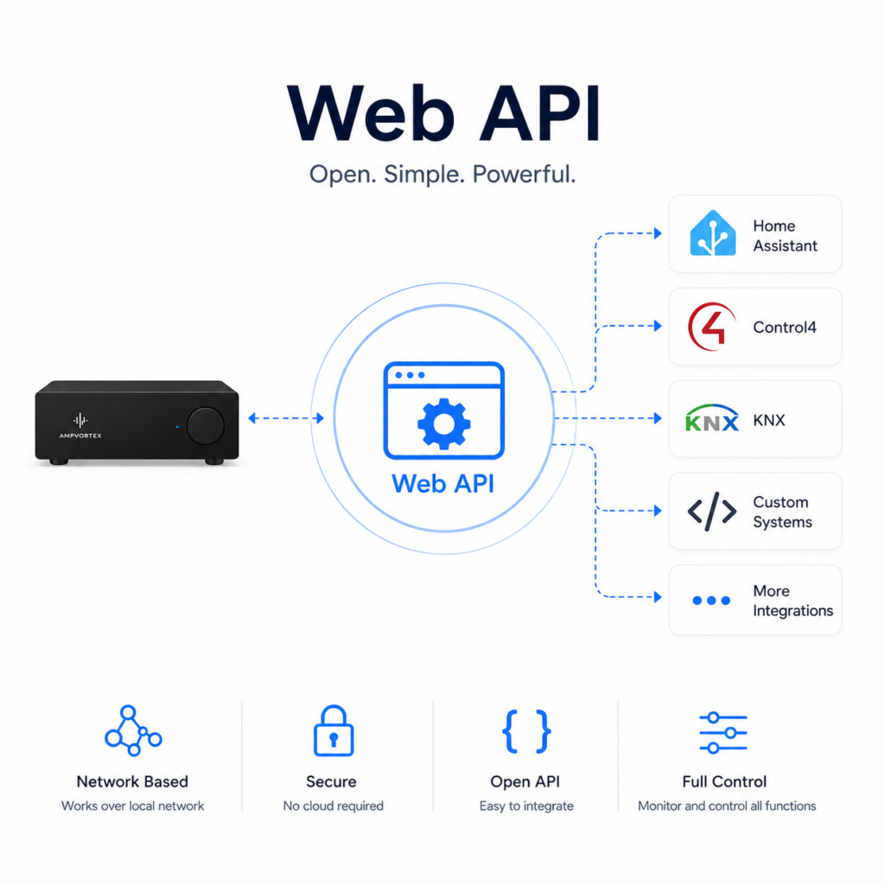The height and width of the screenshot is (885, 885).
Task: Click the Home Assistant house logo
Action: pos(712,233)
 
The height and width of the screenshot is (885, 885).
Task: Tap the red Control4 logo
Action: pos(712,326)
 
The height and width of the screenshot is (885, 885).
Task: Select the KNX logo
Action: pos(712,418)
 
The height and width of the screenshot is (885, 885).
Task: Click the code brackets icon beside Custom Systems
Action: pos(712,512)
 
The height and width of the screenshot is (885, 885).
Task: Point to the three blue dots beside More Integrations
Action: pos(711,601)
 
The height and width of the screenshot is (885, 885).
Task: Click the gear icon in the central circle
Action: pos(443,423)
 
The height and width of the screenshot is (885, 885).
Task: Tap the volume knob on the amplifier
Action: pos(206,425)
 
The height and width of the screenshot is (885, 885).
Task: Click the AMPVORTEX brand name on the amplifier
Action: pos(80,436)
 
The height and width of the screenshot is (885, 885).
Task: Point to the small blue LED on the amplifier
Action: pos(177,427)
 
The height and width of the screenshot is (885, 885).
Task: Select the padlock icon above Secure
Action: pos(334,730)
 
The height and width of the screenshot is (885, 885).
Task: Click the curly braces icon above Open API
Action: pos(526,731)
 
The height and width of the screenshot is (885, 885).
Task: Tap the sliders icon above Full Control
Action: pos(723,733)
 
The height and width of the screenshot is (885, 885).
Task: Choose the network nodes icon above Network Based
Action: pos(132,730)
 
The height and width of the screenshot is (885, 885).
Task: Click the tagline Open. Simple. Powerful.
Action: pos(442,175)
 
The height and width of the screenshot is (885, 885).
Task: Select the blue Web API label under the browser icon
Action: pos(443,484)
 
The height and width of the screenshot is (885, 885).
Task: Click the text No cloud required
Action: pos(333,806)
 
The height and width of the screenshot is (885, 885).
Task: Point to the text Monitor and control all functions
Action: pos(727,806)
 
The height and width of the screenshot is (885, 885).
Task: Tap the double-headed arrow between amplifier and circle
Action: pos(286,418)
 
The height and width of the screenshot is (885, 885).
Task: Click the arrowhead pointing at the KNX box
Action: pos(658,418)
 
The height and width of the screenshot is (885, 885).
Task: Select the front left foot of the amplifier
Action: pos(59,462)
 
